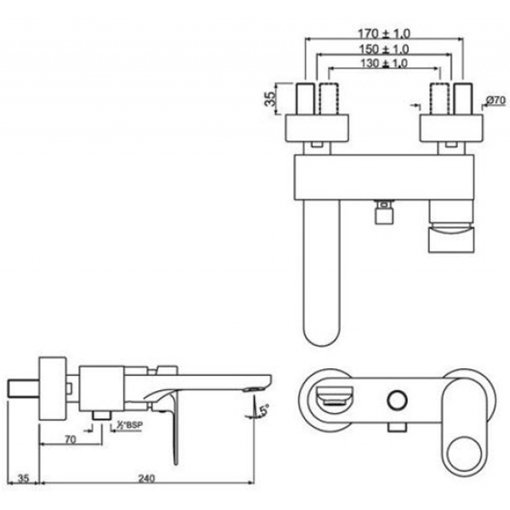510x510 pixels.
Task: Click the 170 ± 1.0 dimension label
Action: point(384,33)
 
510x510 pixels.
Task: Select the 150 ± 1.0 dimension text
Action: point(384,49)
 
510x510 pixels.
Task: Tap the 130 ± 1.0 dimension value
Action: point(384,63)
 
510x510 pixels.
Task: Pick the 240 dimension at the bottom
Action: point(147,478)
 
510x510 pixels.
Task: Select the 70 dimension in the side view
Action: point(71,439)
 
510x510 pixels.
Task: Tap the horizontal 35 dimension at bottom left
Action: point(23,478)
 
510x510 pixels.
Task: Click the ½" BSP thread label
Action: point(130,425)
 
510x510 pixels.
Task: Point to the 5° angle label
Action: point(264,410)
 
